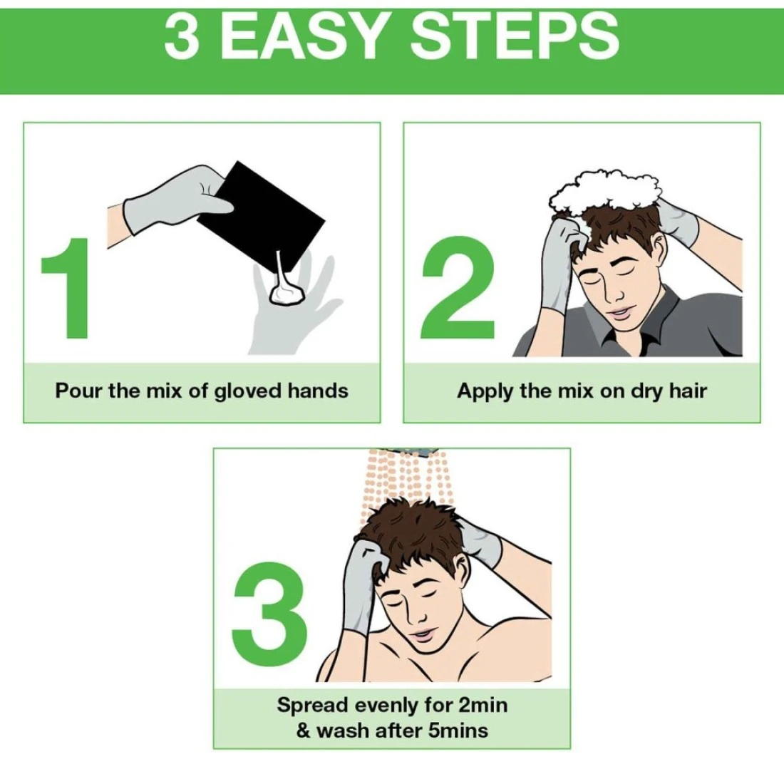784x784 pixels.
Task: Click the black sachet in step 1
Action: (x=261, y=215)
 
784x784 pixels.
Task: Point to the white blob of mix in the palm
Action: (x=287, y=293)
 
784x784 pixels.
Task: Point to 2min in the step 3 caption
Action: (x=483, y=705)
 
